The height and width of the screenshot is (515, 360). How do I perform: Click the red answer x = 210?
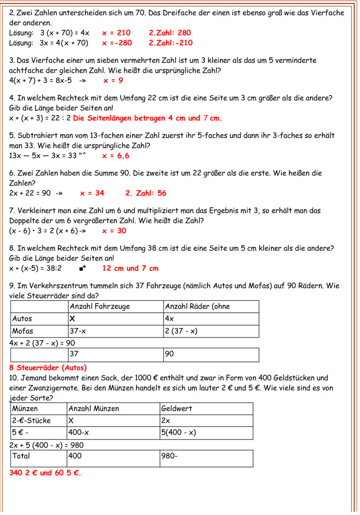point(116,33)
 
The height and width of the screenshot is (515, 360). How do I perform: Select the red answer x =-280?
point(117,43)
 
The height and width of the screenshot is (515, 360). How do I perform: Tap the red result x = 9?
point(113,80)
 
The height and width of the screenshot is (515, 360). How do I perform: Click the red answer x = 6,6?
point(116,156)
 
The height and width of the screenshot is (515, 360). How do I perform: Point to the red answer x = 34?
point(92,193)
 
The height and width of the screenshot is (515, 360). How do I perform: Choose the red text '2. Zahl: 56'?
point(146,193)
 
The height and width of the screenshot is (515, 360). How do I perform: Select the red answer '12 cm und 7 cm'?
point(130,268)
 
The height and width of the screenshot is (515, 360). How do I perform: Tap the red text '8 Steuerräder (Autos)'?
point(48,367)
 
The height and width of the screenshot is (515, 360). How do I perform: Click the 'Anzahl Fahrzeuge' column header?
point(100,306)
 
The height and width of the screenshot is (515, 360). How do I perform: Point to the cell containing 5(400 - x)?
point(179,433)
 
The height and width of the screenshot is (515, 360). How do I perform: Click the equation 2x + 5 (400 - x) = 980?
point(46,445)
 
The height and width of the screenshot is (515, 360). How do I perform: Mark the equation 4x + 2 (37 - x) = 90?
point(42,343)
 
